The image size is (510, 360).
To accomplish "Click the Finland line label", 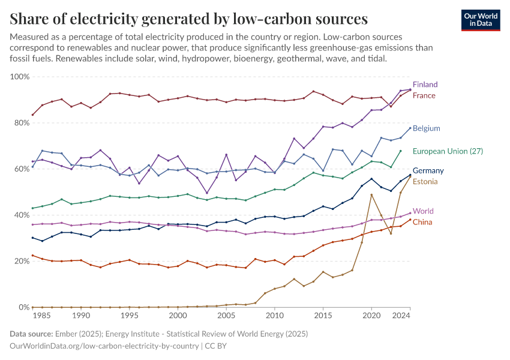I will pyautogui.click(x=425, y=85).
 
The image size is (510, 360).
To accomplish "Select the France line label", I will pyautogui.click(x=424, y=95).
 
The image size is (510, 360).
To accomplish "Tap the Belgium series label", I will pyautogui.click(x=426, y=128).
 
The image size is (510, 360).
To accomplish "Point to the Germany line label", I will pyautogui.click(x=428, y=171).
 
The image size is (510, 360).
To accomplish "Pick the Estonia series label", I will pyautogui.click(x=425, y=182).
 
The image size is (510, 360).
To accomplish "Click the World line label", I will pyautogui.click(x=423, y=211).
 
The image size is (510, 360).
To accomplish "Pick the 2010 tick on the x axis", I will pyautogui.click(x=275, y=316).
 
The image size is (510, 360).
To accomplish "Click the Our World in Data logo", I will pyautogui.click(x=481, y=20).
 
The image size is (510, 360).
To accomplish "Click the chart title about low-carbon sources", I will pyautogui.click(x=189, y=19).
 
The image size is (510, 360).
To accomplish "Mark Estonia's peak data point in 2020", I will pyautogui.click(x=372, y=194).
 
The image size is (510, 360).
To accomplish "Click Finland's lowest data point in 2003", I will pyautogui.click(x=207, y=193).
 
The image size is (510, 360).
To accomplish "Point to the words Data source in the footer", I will pyautogui.click(x=31, y=334).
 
